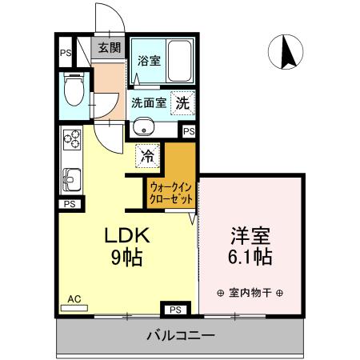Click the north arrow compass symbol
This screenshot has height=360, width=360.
pos(288,52)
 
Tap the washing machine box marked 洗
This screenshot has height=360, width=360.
pos(183,102)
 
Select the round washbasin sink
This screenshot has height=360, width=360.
pos(144,126)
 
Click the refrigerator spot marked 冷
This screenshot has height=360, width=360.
pos(147,155)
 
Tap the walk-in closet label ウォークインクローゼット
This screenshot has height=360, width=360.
pos(170,191)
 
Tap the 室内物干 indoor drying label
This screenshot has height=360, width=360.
pos(250,290)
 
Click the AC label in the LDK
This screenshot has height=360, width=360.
pos(74,299)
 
